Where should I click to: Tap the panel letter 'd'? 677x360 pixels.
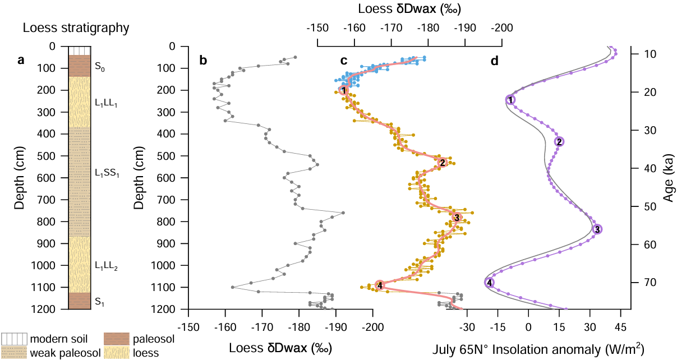[494, 61]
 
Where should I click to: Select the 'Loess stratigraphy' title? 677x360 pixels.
[76, 27]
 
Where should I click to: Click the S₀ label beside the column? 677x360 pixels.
[99, 68]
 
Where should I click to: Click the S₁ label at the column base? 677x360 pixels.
[99, 302]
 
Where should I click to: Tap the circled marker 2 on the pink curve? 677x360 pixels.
[443, 163]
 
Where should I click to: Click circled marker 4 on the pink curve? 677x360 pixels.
[380, 285]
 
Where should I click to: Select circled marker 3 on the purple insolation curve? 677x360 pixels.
[597, 229]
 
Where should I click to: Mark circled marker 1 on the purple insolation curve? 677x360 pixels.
[510, 100]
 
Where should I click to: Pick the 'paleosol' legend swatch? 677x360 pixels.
[116, 339]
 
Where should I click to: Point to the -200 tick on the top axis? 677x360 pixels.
[502, 27]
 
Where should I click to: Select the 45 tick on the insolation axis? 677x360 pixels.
[620, 326]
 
